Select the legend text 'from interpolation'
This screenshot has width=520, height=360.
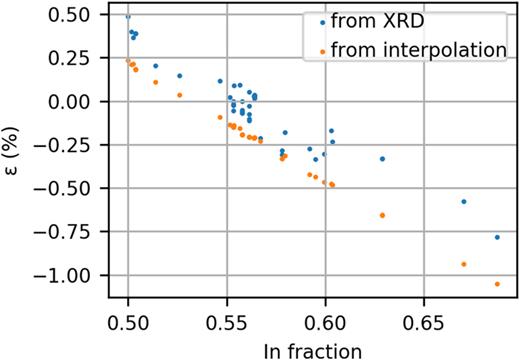point(419,48)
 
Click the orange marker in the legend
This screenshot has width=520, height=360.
point(318,48)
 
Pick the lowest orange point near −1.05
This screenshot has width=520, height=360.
point(497,284)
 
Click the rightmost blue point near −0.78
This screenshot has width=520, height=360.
point(497,237)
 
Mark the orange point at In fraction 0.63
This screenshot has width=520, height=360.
point(383,215)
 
